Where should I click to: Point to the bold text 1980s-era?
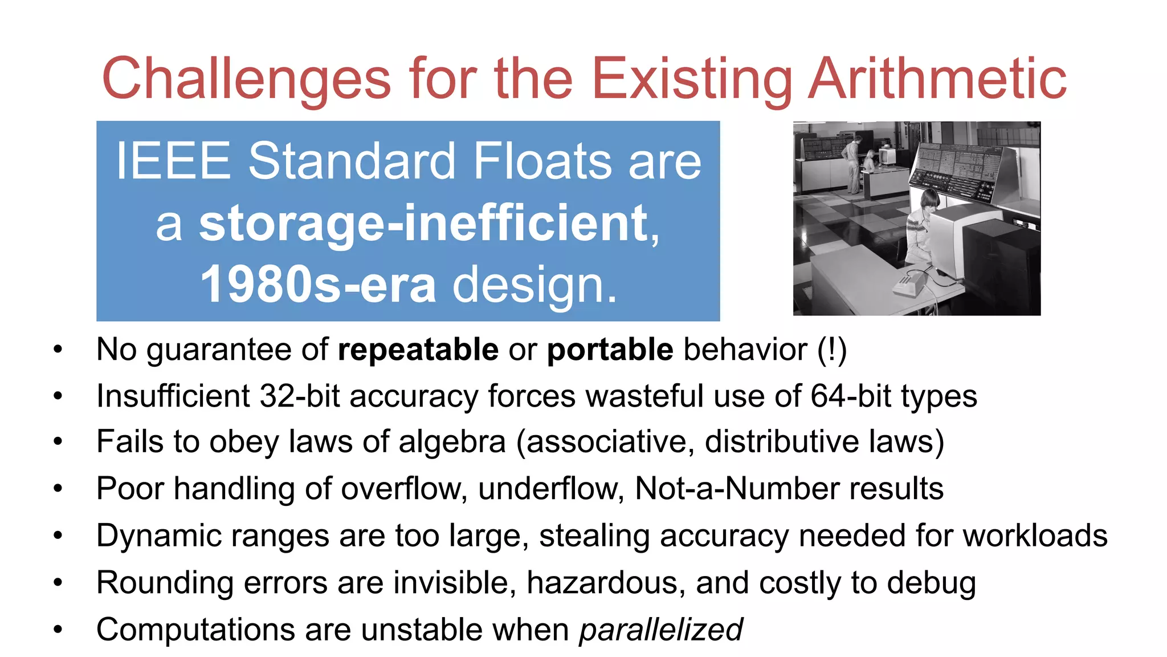pyautogui.click(x=318, y=285)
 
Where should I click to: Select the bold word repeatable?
pyautogui.click(x=418, y=349)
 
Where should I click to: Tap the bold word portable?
pyautogui.click(x=610, y=349)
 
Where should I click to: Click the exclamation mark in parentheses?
pyautogui.click(x=832, y=349)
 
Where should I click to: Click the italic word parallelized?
pyautogui.click(x=661, y=630)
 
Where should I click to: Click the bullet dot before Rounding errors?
pyautogui.click(x=58, y=583)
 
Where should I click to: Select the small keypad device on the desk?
pyautogui.click(x=909, y=283)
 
